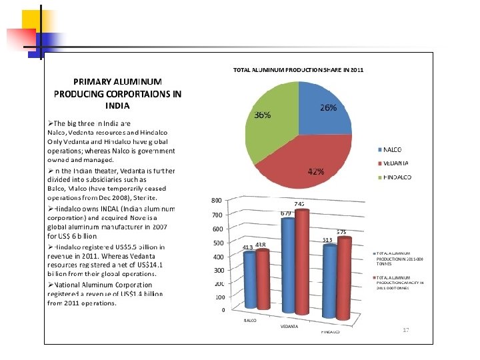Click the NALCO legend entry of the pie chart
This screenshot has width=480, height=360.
pyautogui.click(x=397, y=149)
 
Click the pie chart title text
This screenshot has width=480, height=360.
pyautogui.click(x=297, y=69)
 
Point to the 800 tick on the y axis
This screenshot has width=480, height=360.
pyautogui.click(x=216, y=200)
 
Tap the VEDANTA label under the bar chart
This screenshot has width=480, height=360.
pyautogui.click(x=289, y=327)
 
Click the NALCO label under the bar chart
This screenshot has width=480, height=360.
pyautogui.click(x=248, y=321)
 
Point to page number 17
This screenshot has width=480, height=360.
pyautogui.click(x=405, y=330)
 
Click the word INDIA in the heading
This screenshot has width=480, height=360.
pyautogui.click(x=117, y=105)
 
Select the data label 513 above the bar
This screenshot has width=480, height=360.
pyautogui.click(x=327, y=240)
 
